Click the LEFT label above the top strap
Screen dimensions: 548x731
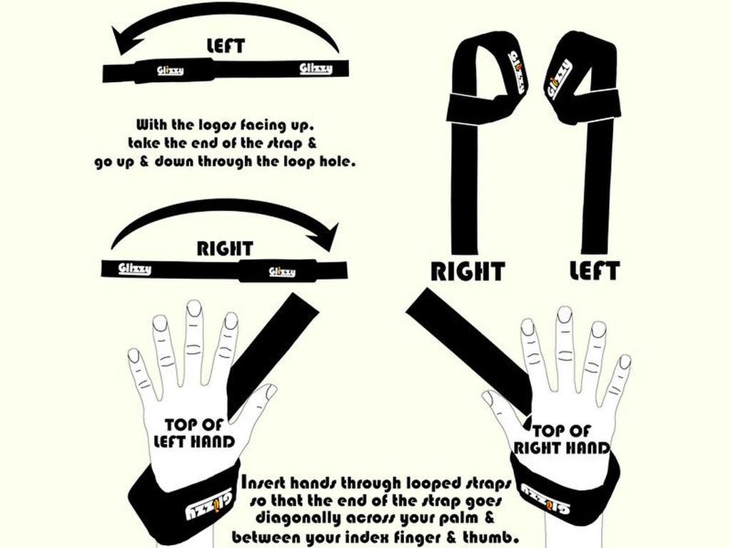(225, 46)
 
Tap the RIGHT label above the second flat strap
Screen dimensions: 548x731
(225, 249)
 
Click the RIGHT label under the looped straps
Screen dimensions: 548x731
(467, 271)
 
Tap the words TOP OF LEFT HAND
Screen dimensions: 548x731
(195, 433)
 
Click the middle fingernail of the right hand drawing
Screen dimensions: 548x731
(565, 315)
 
